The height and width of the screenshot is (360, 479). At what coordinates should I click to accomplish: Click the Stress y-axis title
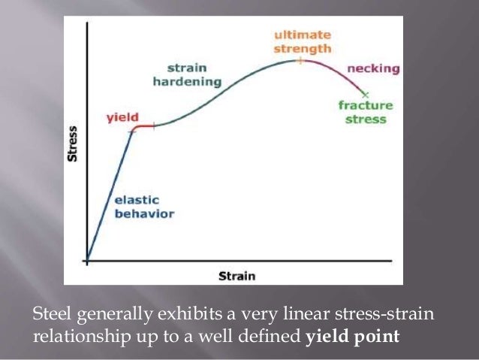pos(73,143)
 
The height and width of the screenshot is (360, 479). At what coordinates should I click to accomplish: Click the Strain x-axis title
pos(236,276)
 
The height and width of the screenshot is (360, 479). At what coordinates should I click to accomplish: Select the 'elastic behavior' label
pos(143,207)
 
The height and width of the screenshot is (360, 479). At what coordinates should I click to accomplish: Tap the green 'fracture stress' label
pos(362,113)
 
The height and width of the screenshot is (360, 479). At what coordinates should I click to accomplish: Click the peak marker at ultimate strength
pos(299,59)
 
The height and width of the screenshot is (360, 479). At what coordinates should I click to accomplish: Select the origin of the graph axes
pos(87,262)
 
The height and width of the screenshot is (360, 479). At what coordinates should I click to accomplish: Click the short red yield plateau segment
pos(143,127)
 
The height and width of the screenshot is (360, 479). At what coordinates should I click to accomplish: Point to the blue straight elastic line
pos(110,195)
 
